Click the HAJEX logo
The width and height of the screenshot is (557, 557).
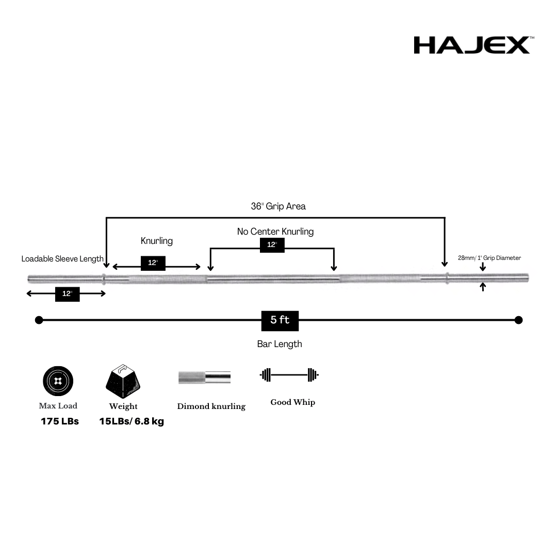click(x=471, y=45)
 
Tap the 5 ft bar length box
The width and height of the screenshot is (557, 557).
click(x=280, y=320)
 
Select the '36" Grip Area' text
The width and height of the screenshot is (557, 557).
click(x=278, y=206)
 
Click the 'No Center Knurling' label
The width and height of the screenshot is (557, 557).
click(x=275, y=232)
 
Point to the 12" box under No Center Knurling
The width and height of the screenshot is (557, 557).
click(x=272, y=245)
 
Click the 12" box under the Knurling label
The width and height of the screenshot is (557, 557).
click(x=153, y=263)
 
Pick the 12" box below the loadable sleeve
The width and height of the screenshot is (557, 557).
click(x=67, y=294)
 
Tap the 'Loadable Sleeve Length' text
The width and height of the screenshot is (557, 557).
click(x=62, y=259)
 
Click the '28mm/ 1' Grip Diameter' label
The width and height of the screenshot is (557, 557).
click(x=489, y=258)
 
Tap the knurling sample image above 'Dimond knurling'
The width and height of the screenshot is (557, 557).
click(x=204, y=377)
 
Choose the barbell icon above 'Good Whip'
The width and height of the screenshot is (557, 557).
click(x=289, y=375)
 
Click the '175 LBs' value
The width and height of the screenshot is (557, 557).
click(x=60, y=421)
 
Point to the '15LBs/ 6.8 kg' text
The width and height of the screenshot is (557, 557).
click(x=132, y=421)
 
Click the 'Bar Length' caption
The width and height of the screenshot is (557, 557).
click(x=280, y=344)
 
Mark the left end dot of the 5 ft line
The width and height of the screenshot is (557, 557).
click(x=39, y=320)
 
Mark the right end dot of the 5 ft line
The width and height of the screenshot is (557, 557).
click(x=518, y=320)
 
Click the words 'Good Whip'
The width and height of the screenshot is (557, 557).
click(x=292, y=402)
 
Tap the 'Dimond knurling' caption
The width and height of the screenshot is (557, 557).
click(x=211, y=406)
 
